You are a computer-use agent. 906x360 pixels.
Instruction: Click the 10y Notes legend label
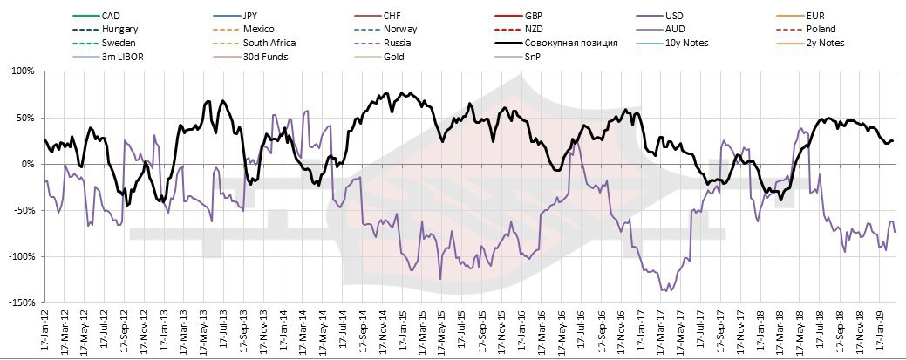coord(686,43)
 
